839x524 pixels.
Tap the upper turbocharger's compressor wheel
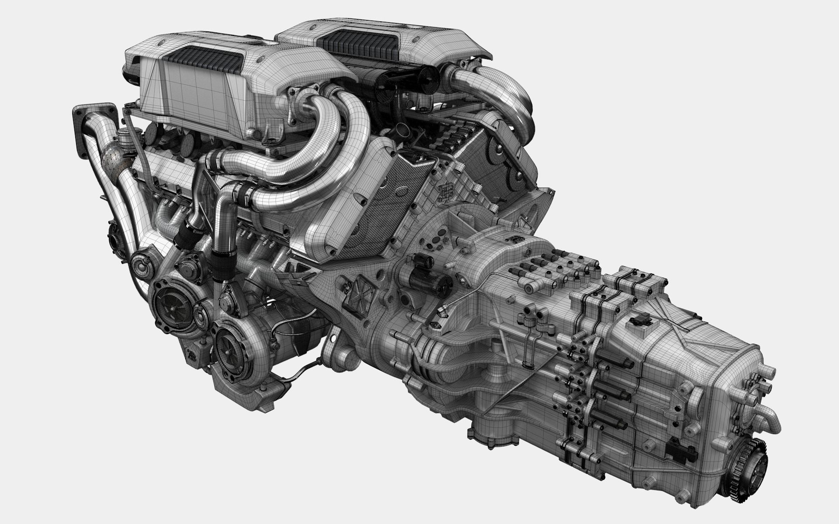coord(168,300)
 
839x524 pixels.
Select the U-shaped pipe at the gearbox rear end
coord(769,419)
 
